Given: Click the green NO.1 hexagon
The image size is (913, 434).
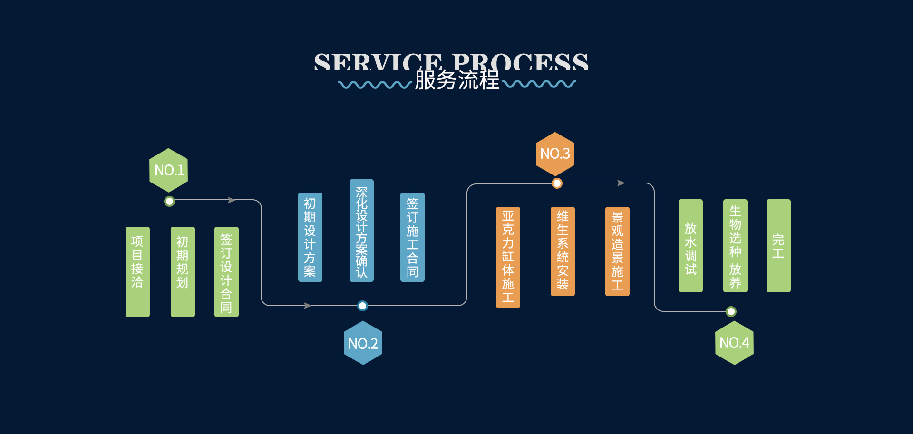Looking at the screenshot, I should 169,170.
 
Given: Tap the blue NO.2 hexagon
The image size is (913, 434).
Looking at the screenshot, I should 363,343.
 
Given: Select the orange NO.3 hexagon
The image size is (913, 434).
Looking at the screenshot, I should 555,154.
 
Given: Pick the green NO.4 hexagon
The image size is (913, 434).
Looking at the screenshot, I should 734,342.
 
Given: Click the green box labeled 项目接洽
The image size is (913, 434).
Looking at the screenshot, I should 137,271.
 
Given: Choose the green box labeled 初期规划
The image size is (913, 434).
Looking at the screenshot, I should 183,271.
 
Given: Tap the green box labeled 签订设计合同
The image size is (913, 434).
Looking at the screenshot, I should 226,271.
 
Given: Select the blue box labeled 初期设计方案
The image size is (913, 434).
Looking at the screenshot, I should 310,237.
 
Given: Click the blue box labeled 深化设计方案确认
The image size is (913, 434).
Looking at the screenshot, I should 361,231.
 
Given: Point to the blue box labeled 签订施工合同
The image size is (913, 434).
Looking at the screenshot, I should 412,237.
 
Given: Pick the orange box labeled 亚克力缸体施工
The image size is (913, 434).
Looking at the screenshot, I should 508,257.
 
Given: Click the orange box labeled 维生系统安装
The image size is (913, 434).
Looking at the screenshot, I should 563,251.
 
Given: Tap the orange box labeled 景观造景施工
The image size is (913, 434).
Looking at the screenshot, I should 617,251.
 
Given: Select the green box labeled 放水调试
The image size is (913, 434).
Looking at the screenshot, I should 690,245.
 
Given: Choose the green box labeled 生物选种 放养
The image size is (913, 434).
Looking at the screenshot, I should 735,245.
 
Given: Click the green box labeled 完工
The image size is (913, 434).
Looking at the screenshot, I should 778,245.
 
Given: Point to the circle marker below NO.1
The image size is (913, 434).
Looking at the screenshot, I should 169,201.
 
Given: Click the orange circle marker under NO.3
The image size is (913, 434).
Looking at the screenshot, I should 557,183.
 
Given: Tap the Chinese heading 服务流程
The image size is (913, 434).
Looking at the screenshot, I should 457,80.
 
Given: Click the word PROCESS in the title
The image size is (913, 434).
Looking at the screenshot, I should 520,62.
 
